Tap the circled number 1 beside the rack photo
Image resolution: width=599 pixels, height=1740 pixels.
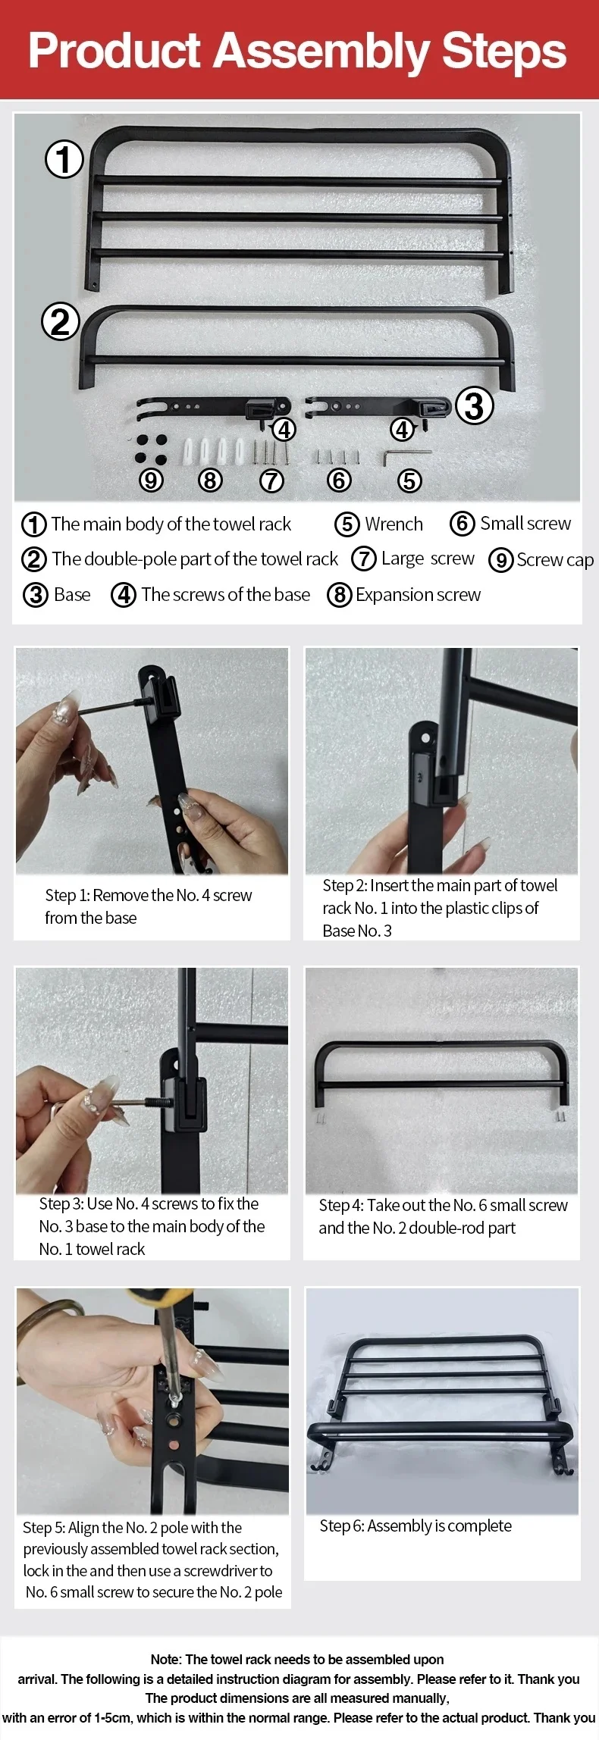pyautogui.click(x=64, y=160)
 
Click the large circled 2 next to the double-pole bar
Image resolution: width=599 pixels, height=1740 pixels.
pyautogui.click(x=60, y=322)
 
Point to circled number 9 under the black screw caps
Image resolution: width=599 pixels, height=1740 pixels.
pyautogui.click(x=151, y=480)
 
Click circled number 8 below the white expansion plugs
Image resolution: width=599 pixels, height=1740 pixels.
pyautogui.click(x=210, y=480)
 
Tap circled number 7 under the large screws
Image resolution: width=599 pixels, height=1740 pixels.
pyautogui.click(x=271, y=480)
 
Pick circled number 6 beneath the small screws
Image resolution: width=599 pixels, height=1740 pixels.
pyautogui.click(x=339, y=480)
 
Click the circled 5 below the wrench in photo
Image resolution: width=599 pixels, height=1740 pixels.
pyautogui.click(x=409, y=480)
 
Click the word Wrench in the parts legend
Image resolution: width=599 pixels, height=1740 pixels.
pyautogui.click(x=394, y=524)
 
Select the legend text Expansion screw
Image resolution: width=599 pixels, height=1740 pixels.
pyautogui.click(x=418, y=595)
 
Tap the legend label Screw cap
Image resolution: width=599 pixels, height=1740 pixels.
pyautogui.click(x=554, y=560)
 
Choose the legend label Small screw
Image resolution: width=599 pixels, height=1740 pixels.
pyautogui.click(x=525, y=524)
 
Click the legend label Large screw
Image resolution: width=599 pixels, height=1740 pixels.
pyautogui.click(x=428, y=559)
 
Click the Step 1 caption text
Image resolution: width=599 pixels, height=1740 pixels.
pyautogui.click(x=148, y=906)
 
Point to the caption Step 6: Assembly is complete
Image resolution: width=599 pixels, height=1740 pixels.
pyautogui.click(x=416, y=1526)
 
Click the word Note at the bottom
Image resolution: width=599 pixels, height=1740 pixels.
pyautogui.click(x=165, y=1659)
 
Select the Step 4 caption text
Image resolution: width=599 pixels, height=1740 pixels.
pyautogui.click(x=443, y=1216)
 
